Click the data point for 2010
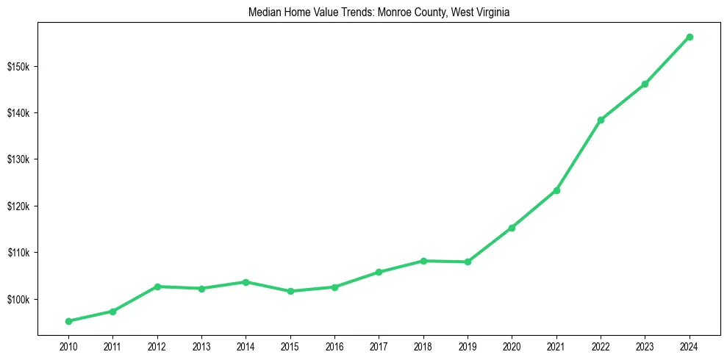pos(68,321)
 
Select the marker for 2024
pos(690,37)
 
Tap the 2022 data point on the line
pos(601,120)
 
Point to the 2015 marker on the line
pos(290,291)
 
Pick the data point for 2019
pos(468,262)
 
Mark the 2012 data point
pos(157,287)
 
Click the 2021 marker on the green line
pos(556,190)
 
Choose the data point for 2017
pos(379,272)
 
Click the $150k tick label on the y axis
pos(18,67)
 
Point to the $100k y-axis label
pos(18,300)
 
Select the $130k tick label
pos(18,160)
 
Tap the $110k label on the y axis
pos(18,253)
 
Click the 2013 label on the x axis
pos(201,347)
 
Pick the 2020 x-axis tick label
pos(512,347)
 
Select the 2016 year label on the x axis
pos(334,347)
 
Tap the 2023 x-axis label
pos(645,347)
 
